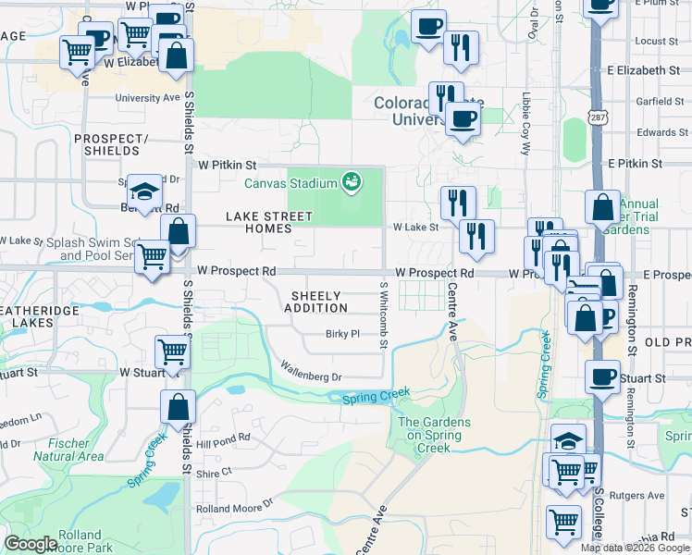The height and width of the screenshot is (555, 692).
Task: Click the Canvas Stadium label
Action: (x=290, y=182)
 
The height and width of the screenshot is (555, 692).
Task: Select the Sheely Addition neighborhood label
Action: (x=319, y=302)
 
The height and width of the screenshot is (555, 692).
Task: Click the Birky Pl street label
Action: (x=341, y=334)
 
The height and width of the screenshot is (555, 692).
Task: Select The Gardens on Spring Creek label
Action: (x=434, y=435)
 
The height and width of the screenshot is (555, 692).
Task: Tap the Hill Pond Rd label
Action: (x=223, y=438)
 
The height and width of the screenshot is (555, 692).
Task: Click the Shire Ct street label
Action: (x=213, y=472)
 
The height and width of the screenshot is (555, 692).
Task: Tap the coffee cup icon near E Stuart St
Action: (x=603, y=377)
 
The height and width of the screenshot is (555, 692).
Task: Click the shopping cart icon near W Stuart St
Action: (x=172, y=351)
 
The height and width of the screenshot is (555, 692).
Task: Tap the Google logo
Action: (x=31, y=544)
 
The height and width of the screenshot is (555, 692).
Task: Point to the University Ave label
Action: (x=147, y=97)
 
